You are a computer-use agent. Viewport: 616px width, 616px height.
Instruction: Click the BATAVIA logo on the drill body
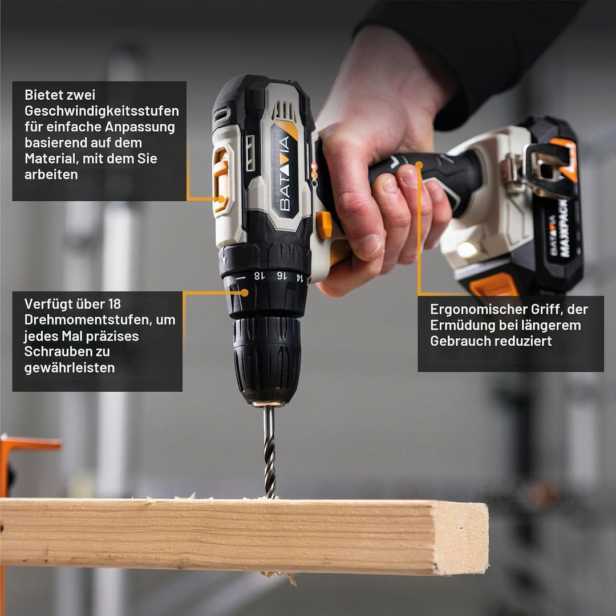point(285,173)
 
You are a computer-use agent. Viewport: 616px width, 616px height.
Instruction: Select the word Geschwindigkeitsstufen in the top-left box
point(102,111)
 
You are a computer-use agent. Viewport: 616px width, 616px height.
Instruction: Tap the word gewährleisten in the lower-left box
point(70,368)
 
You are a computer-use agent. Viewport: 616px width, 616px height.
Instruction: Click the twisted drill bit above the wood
point(269,452)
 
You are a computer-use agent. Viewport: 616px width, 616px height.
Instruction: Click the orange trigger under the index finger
point(324,225)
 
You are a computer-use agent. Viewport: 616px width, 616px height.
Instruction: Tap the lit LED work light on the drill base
point(467,250)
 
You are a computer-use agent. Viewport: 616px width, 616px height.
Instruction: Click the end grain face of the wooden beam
point(462,538)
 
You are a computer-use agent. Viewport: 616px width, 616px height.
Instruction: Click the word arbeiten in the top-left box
point(51,175)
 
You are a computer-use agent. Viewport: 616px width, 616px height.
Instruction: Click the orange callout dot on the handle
point(419,165)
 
